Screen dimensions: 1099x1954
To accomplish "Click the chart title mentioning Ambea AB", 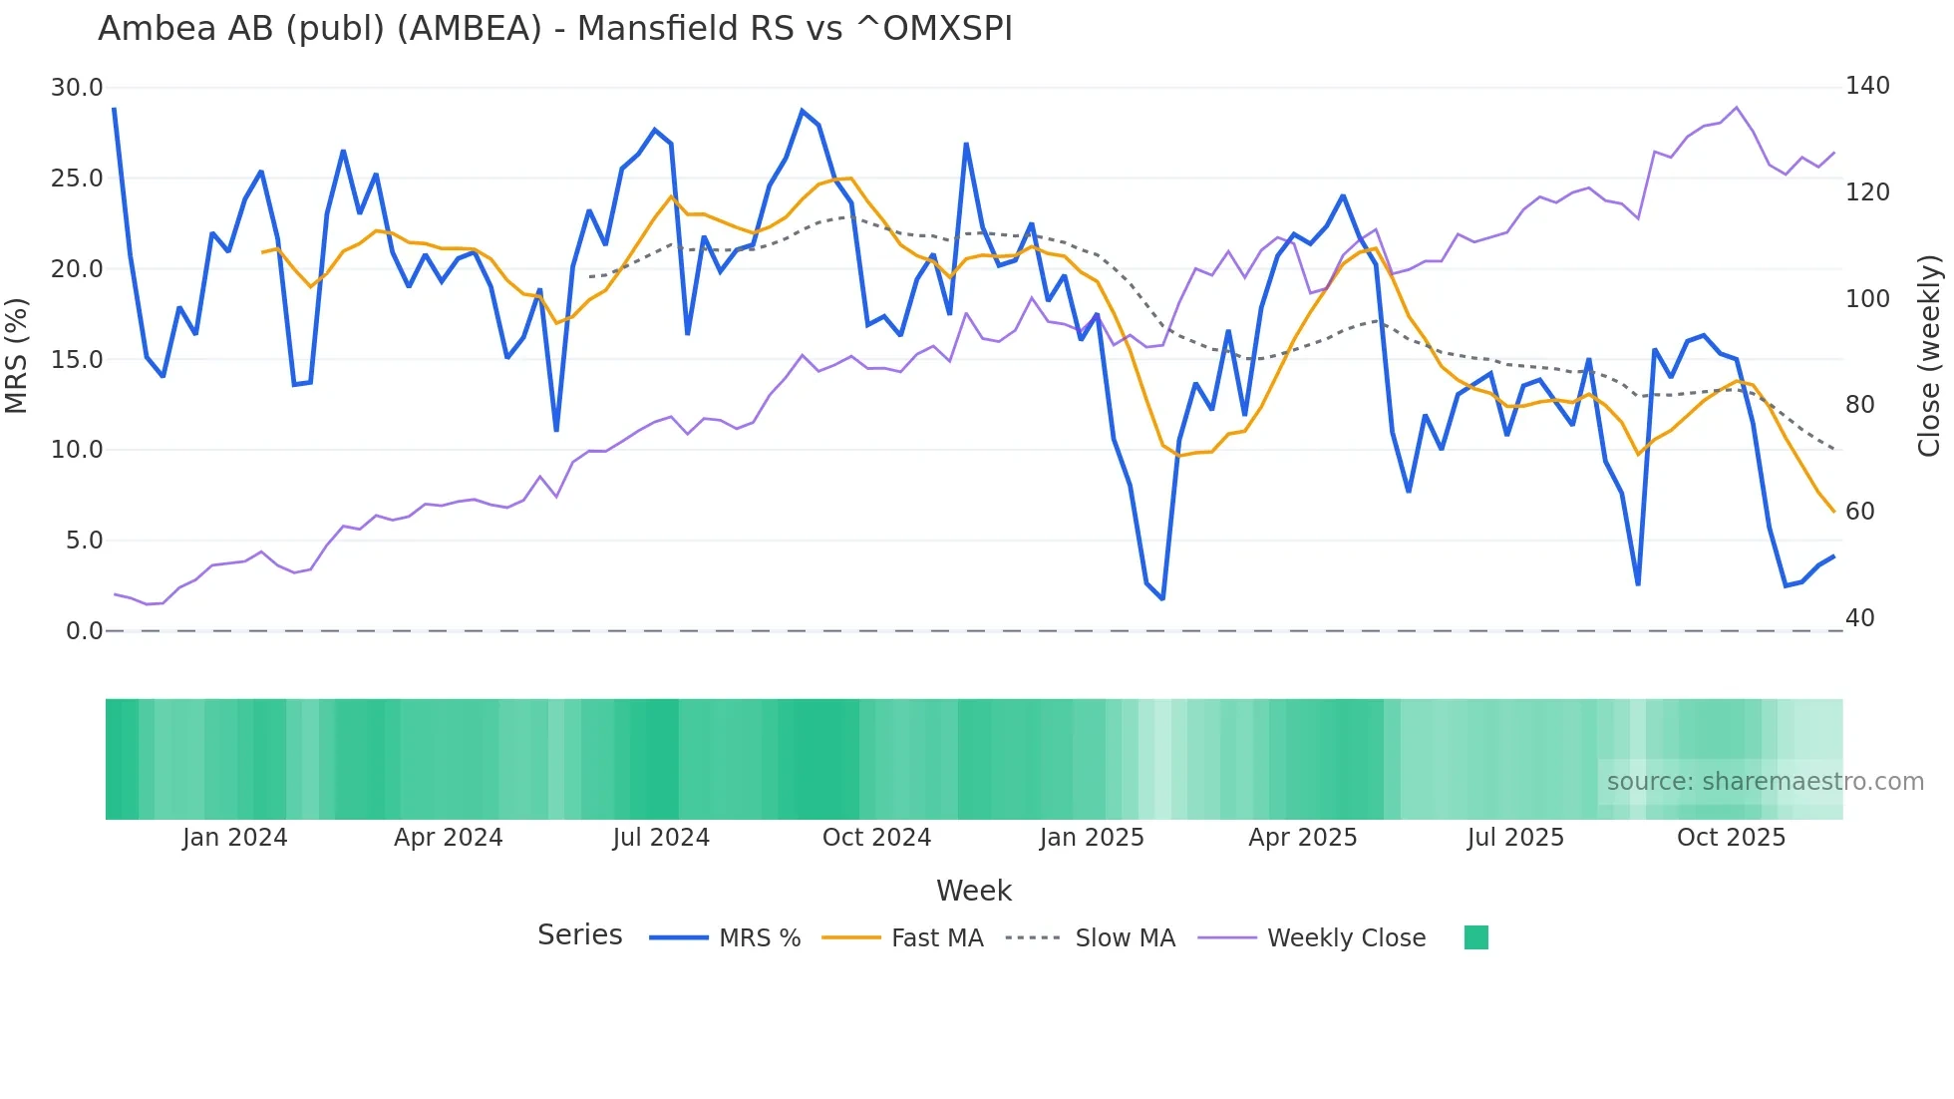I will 554,29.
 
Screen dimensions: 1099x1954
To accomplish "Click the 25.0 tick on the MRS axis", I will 77,179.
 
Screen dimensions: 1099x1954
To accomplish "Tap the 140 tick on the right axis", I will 1866,86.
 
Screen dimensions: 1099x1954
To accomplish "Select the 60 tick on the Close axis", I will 1859,512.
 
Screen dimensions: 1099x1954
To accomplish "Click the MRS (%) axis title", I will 17,356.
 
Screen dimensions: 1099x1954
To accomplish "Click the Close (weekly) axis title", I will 1929,356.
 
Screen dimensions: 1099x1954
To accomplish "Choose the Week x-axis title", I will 973,891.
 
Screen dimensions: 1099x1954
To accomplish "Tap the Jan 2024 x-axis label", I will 234,838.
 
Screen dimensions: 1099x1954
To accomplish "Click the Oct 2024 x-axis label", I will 876,838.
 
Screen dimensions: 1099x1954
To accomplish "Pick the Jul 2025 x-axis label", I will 1515,838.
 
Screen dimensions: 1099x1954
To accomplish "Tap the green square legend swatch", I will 1475,937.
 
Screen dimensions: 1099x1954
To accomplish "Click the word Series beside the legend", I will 579,935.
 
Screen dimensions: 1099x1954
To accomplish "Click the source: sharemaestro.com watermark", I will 1765,782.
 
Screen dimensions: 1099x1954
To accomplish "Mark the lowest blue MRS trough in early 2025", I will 1162,598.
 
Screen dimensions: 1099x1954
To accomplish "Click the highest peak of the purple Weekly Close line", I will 1736,108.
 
